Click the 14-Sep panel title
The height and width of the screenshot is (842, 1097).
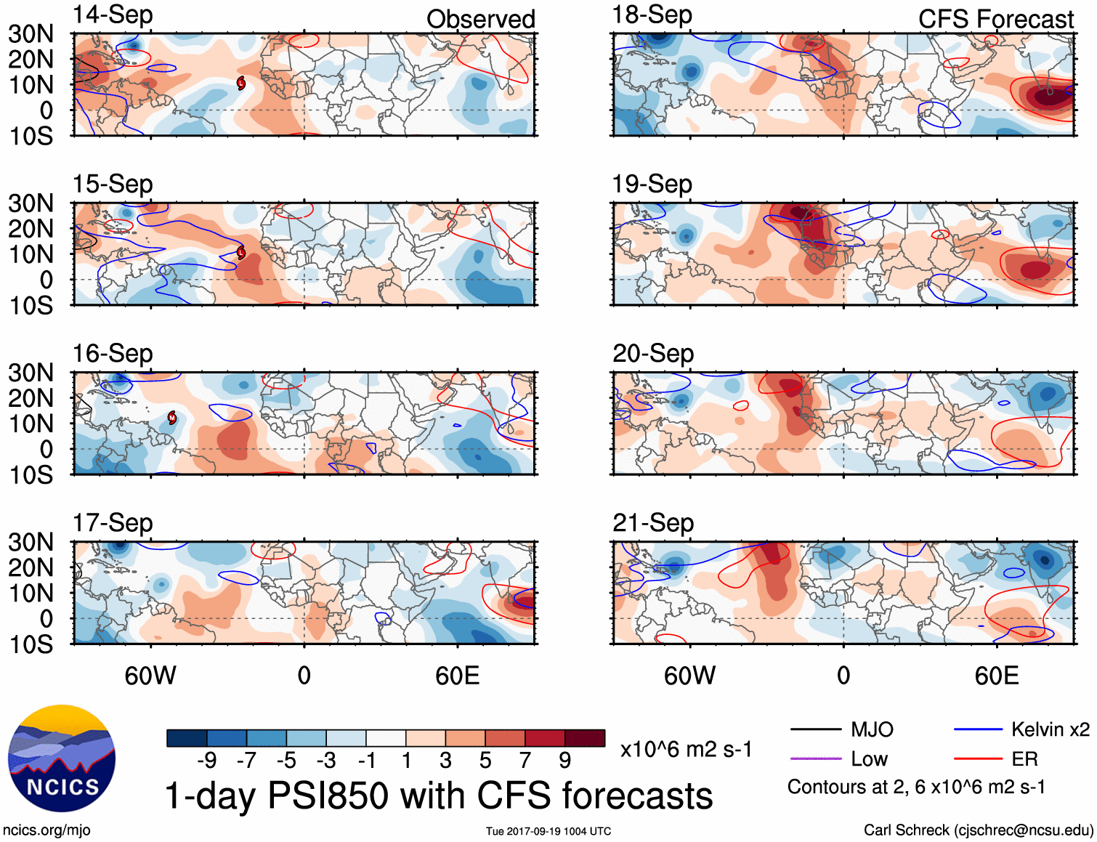[x=113, y=15]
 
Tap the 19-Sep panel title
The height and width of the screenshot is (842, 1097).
[x=652, y=184]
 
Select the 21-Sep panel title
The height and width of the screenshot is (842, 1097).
[x=652, y=522]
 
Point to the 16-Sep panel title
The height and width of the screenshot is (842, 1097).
[x=113, y=353]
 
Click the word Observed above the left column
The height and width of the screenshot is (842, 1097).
[x=480, y=19]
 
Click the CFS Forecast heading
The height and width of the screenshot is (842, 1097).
[x=995, y=19]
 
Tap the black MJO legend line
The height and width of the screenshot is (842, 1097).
[x=815, y=729]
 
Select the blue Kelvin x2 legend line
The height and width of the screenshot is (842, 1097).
[x=978, y=729]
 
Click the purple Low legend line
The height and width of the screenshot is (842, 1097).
[x=815, y=759]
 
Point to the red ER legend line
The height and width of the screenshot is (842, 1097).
[x=978, y=759]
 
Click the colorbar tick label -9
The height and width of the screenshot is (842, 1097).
[x=206, y=761]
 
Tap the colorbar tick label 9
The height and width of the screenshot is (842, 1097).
[x=564, y=761]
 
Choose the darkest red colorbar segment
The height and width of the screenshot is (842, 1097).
[x=585, y=738]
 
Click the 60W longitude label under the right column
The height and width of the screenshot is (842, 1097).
[x=689, y=676]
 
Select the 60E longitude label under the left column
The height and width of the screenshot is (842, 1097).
[x=457, y=676]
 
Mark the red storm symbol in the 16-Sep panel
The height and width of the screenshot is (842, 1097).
[x=172, y=417]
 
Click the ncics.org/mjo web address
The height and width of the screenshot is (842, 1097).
[x=46, y=830]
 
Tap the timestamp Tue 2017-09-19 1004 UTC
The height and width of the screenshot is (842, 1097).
[x=548, y=831]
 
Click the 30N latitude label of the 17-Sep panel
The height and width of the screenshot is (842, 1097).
[x=31, y=542]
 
